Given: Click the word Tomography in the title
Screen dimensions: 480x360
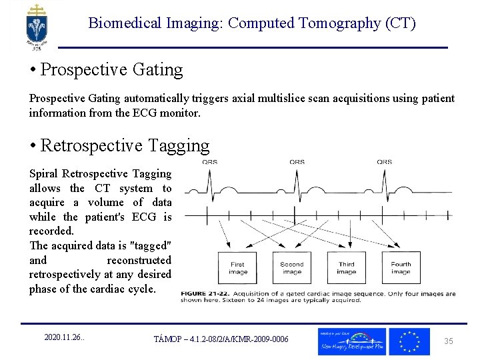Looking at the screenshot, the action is pyautogui.click(x=335, y=23).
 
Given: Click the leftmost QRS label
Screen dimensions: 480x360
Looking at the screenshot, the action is pyautogui.click(x=209, y=161).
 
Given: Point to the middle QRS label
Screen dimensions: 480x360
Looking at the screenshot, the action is pyautogui.click(x=297, y=161).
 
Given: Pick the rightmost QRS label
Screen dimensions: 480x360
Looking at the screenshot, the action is pyautogui.click(x=384, y=161).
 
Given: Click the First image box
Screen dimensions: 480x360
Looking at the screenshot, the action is pyautogui.click(x=237, y=268).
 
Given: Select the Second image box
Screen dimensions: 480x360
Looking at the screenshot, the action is pyautogui.click(x=292, y=268).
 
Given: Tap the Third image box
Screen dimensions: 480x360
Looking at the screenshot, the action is pyautogui.click(x=346, y=268).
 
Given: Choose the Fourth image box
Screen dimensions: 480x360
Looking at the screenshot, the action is pyautogui.click(x=401, y=268).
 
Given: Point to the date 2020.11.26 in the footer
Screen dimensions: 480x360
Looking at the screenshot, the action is pyautogui.click(x=64, y=338).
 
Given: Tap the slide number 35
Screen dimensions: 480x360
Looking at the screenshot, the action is pyautogui.click(x=449, y=341).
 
